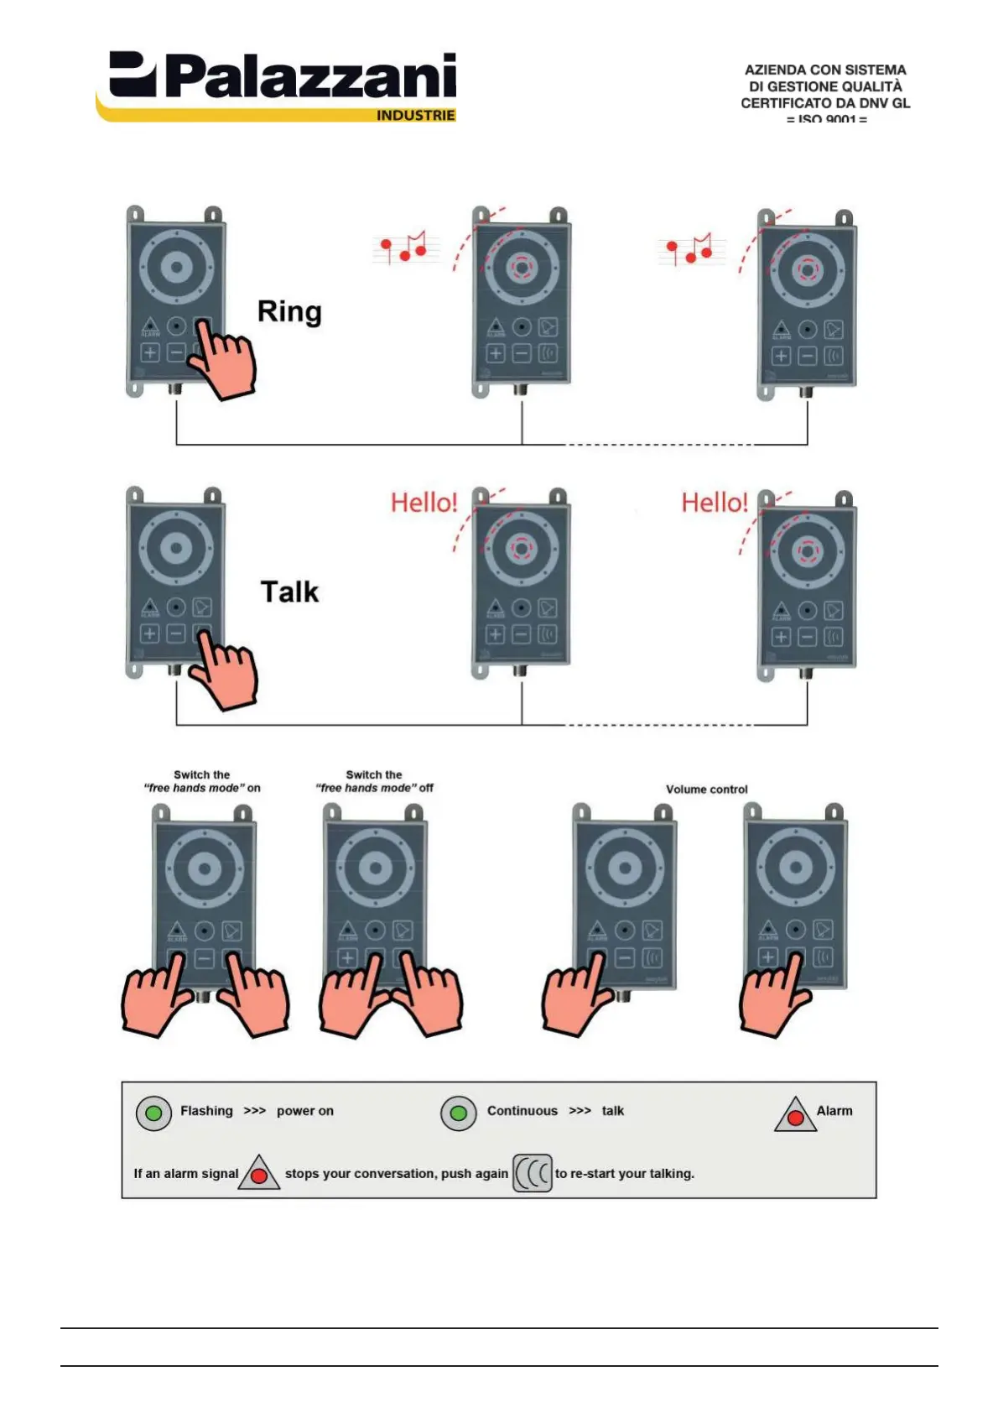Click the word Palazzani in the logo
tap(310, 77)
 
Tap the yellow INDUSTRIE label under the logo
tap(415, 116)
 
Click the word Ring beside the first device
tap(289, 311)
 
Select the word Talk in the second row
tap(289, 592)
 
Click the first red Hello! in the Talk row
tap(424, 503)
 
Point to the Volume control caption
tap(706, 790)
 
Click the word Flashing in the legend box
tap(206, 1111)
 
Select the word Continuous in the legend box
tap(522, 1111)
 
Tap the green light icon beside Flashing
tap(153, 1113)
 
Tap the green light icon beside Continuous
tap(458, 1113)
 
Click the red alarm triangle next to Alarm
tap(795, 1116)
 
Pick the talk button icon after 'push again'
tap(532, 1173)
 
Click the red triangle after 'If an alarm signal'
tap(259, 1175)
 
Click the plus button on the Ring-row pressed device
tap(150, 352)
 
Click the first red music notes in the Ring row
tap(404, 247)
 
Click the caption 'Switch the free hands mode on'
tap(202, 781)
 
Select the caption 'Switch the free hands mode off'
tap(374, 781)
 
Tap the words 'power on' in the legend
tap(305, 1111)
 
